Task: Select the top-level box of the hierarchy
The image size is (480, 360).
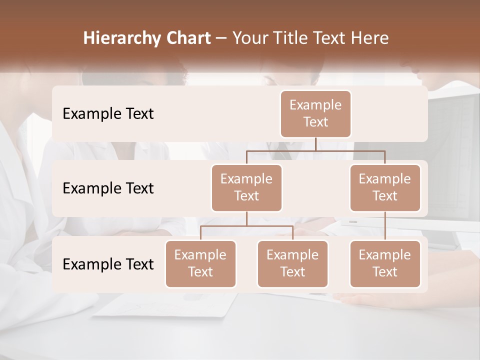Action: tap(315, 114)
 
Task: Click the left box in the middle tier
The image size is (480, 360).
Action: tap(246, 187)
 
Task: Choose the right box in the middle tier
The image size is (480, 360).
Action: tap(385, 187)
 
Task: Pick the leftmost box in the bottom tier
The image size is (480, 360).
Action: tap(200, 263)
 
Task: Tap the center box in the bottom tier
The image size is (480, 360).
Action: tap(292, 263)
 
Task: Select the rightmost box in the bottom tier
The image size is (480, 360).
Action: tap(385, 263)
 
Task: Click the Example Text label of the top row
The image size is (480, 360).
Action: tap(108, 114)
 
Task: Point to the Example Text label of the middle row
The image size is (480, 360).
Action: tap(108, 188)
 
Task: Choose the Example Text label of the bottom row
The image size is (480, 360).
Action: tap(108, 264)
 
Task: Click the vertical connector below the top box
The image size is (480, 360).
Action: tap(315, 144)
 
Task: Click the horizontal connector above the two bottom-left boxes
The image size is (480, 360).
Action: tap(246, 226)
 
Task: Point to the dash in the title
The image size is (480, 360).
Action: tap(221, 38)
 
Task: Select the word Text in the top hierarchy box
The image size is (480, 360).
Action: tap(315, 122)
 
